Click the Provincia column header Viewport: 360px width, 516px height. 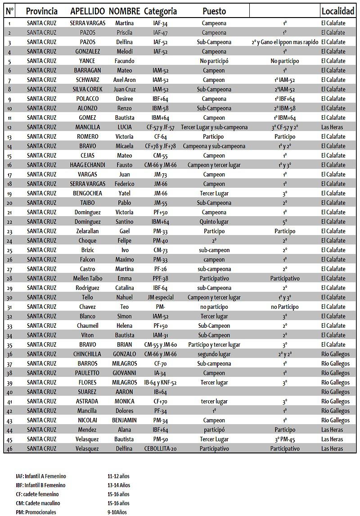coord(42,11)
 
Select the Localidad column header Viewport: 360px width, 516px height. coord(338,11)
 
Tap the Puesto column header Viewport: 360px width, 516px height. coord(214,11)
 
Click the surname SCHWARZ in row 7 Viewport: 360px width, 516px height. coord(87,80)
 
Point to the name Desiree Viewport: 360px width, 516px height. coord(124,99)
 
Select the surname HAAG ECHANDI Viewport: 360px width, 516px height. coord(87,165)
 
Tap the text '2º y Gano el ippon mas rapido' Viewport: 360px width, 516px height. coord(285,42)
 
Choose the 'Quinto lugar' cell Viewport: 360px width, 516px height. coord(214,222)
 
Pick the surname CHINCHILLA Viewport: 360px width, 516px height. coord(87,354)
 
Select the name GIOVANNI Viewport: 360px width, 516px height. coord(124,373)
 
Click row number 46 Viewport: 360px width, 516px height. coord(9,448)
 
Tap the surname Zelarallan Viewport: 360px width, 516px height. coord(87,231)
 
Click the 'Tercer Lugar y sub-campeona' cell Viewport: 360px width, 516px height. coord(214,127)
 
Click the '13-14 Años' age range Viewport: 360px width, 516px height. coord(119,485)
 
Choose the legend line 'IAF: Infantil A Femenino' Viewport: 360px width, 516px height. coord(41,476)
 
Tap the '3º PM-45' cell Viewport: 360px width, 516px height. coord(285,439)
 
